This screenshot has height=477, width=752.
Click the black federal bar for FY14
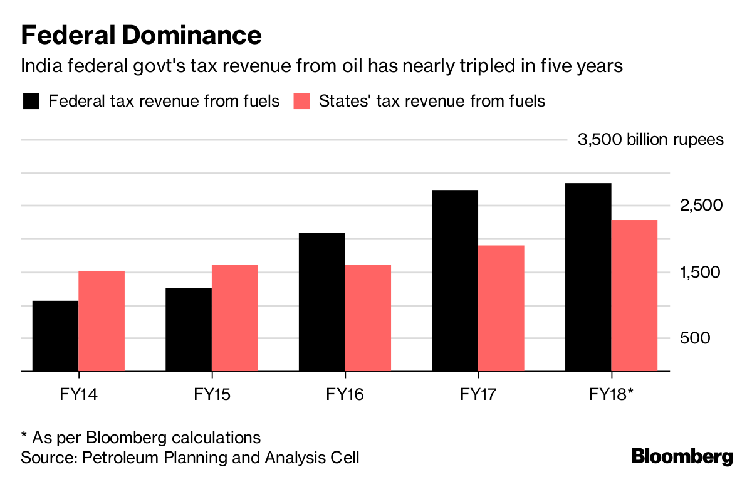(x=55, y=336)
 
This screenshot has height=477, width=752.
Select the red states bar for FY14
(x=102, y=321)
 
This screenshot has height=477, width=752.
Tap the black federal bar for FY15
(x=189, y=330)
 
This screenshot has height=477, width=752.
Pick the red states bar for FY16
(x=368, y=318)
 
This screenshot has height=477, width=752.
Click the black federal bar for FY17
(x=455, y=280)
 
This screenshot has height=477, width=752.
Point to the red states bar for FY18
(x=634, y=295)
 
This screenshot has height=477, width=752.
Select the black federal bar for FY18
(x=588, y=277)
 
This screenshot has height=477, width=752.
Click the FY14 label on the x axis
(x=79, y=394)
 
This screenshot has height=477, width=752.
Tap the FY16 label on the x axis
(x=345, y=394)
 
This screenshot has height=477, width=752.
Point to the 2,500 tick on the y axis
(x=702, y=206)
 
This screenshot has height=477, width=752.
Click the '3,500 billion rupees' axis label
(x=650, y=139)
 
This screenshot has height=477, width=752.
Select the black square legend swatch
(x=31, y=101)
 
